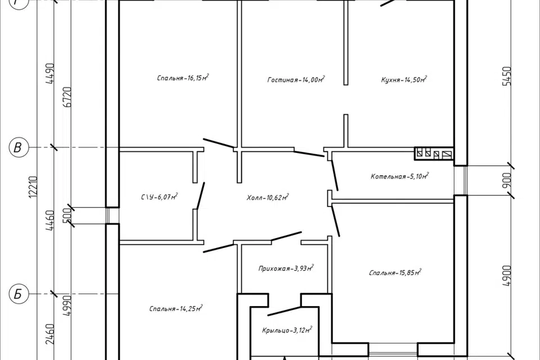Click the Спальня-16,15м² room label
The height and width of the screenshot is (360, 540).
183,78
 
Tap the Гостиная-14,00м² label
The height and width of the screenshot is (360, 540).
296,79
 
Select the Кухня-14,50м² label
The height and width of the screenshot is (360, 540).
404,79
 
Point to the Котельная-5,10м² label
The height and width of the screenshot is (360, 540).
399,177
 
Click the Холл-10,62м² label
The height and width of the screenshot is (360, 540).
268,197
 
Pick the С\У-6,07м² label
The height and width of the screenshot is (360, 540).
159,197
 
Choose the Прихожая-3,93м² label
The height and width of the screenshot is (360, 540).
286,268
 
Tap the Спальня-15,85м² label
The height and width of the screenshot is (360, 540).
395,272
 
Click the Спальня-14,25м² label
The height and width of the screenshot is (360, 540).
175,308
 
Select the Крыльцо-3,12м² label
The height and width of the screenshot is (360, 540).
287,330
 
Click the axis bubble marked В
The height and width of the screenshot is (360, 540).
17,147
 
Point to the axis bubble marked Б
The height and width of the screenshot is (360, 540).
17,295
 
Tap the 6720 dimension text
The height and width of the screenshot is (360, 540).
68,97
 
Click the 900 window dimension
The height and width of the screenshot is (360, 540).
507,181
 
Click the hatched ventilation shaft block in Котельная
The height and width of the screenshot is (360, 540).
434,154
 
